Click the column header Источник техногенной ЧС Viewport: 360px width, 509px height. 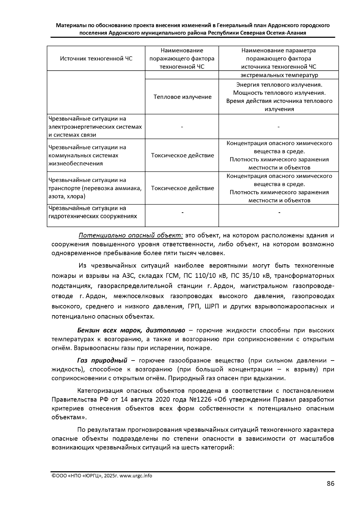pyautogui.click(x=96, y=58)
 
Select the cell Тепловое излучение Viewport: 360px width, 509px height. pyautogui.click(x=182, y=97)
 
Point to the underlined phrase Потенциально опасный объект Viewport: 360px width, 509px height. pyautogui.click(x=130, y=235)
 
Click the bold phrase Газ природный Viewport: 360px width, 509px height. pyautogui.click(x=102, y=360)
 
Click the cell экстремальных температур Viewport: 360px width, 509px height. pyautogui.click(x=279, y=75)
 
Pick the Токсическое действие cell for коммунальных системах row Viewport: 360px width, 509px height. pyautogui.click(x=182, y=155)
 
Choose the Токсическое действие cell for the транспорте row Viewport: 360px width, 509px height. pyautogui.click(x=182, y=188)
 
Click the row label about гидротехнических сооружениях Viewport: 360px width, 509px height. pyautogui.click(x=93, y=212)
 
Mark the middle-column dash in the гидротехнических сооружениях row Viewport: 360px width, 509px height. pyautogui.click(x=182, y=213)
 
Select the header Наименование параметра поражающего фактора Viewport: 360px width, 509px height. pyautogui.click(x=279, y=55)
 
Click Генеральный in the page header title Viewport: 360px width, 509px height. pyautogui.click(x=234, y=25)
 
